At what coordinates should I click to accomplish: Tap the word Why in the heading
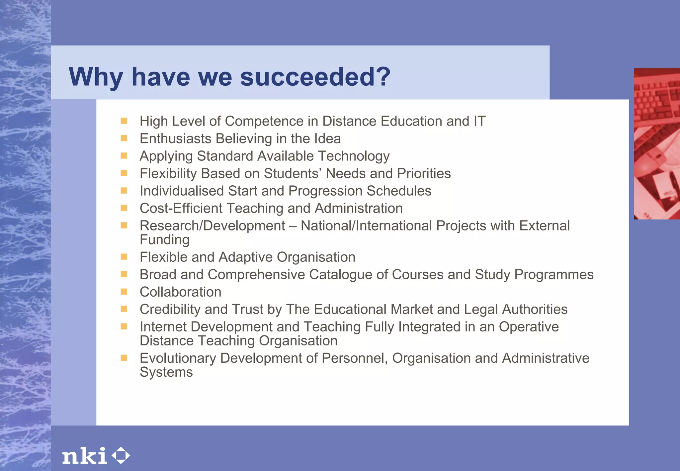(95, 77)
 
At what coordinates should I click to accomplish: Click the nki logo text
(85, 456)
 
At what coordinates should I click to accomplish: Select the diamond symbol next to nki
(121, 455)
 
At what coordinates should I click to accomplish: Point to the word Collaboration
(180, 292)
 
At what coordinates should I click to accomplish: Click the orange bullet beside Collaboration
(124, 292)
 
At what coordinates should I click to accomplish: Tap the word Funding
(165, 240)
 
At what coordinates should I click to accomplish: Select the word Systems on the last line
(166, 372)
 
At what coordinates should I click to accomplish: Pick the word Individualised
(182, 191)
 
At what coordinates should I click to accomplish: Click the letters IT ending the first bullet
(479, 121)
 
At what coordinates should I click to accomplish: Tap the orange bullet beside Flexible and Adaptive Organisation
(124, 257)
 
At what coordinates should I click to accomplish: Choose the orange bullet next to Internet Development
(124, 327)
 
